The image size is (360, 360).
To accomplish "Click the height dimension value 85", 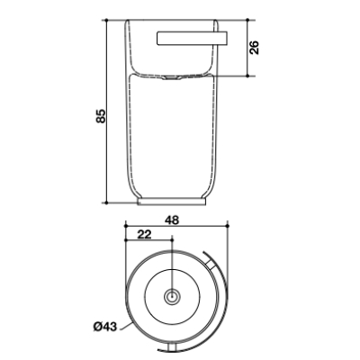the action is coord(101,115).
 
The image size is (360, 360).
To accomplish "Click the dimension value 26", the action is coord(255,48).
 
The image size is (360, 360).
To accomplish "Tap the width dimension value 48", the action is coord(172,220).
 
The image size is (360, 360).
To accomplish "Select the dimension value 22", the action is coord(144,234).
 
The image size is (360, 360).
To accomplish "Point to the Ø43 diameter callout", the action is coord(105,326).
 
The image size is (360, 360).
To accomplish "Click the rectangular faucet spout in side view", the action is coord(193,39).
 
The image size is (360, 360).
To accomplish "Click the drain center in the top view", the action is coord(172,297).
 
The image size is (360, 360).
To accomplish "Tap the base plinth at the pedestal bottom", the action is coord(172,202).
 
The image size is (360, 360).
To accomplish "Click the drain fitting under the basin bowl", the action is coord(172,78).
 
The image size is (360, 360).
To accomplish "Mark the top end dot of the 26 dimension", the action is coord(247,20).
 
